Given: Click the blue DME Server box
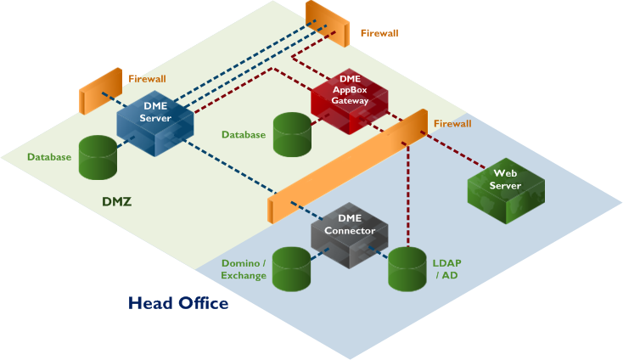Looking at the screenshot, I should (154, 123).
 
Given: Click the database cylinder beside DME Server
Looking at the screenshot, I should (97, 157).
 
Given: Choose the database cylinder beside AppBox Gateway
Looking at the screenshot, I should (291, 134).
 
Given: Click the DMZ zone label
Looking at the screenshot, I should (117, 202).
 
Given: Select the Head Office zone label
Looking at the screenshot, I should (177, 302).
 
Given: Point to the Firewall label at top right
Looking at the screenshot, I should (379, 33).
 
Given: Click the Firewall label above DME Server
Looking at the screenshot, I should (147, 78).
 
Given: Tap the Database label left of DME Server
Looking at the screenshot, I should (49, 157).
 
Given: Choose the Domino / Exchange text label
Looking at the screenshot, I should (244, 269).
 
